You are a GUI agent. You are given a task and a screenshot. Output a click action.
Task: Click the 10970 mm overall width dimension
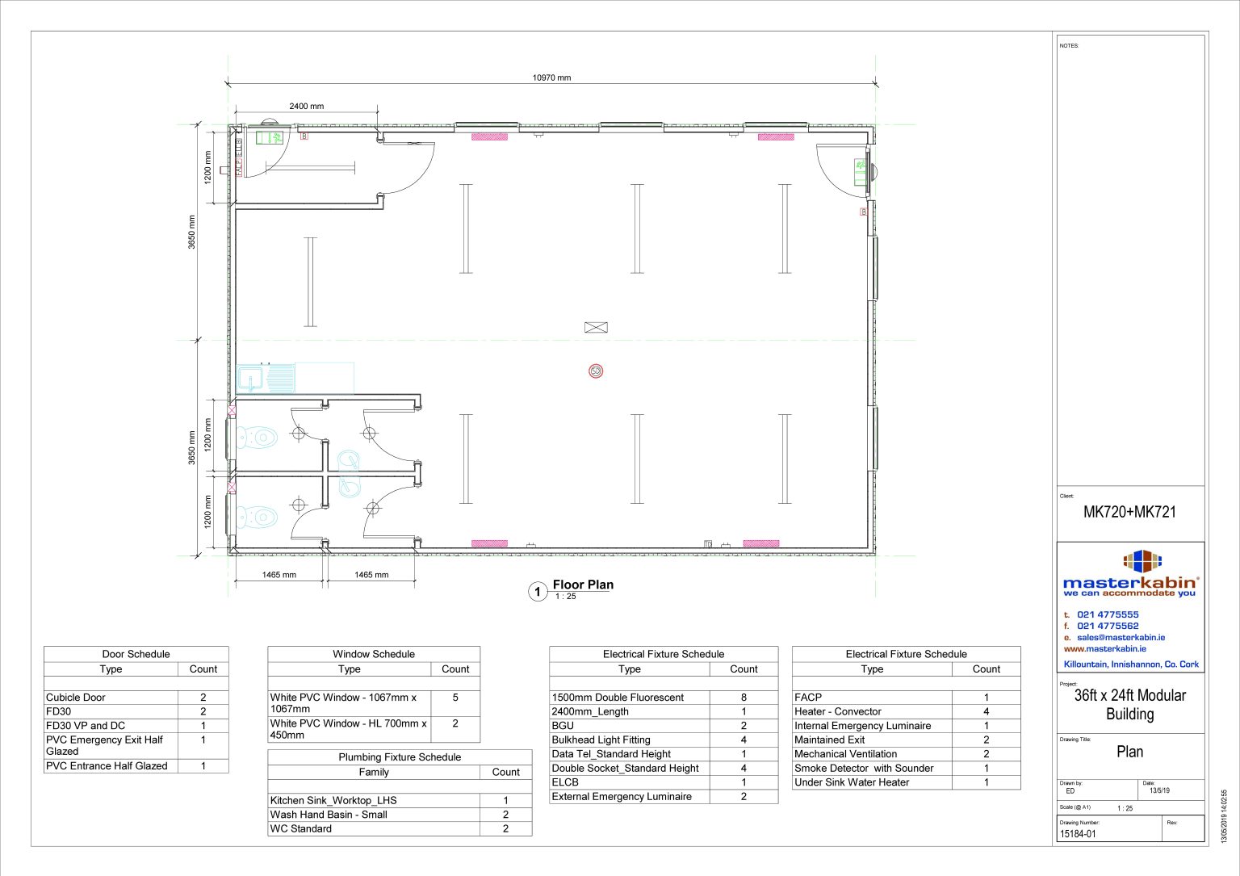click(551, 78)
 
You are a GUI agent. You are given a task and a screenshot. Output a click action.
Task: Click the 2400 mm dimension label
click(306, 106)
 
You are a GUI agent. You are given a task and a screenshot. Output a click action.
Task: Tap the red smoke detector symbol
click(596, 371)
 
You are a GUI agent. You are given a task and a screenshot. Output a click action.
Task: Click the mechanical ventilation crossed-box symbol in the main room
click(596, 327)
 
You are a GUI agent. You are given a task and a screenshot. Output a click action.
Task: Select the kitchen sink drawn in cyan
click(266, 377)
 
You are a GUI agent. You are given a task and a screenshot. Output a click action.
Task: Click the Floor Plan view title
click(583, 585)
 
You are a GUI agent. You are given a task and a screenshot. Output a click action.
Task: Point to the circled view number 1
click(538, 592)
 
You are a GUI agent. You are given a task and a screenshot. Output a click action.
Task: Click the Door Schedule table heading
click(136, 654)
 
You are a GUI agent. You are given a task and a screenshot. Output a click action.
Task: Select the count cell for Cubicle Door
click(203, 697)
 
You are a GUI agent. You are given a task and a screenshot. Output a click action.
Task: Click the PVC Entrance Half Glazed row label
click(107, 765)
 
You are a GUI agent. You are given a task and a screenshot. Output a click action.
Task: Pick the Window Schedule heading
click(374, 654)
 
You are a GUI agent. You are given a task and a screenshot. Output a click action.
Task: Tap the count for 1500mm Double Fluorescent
click(744, 697)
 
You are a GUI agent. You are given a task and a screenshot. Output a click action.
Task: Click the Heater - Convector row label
click(837, 711)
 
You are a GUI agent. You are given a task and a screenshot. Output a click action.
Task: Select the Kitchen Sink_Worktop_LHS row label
click(333, 800)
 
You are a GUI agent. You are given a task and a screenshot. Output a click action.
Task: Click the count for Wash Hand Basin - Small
click(505, 815)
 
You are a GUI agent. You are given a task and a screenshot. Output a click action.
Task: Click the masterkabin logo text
click(1129, 583)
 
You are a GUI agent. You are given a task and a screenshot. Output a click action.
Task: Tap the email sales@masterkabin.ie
click(1121, 637)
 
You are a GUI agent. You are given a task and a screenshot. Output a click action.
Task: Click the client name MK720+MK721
click(1129, 512)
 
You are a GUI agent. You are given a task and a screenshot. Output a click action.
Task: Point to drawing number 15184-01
click(1078, 834)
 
